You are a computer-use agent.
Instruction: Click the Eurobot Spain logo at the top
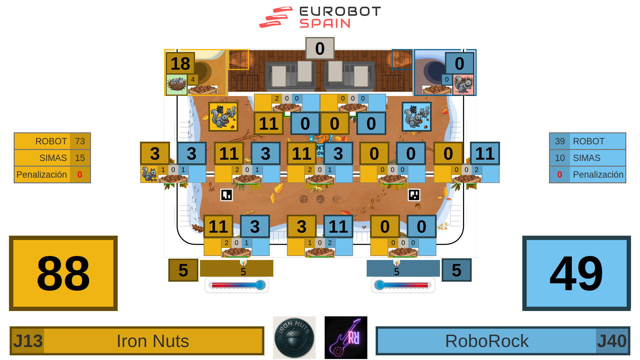pyautogui.click(x=320, y=17)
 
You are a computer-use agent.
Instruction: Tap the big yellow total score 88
pyautogui.click(x=63, y=273)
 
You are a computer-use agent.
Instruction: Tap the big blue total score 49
pyautogui.click(x=576, y=273)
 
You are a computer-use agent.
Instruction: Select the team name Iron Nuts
pyautogui.click(x=153, y=341)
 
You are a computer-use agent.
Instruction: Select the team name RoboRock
pyautogui.click(x=487, y=341)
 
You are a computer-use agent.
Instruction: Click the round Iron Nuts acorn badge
pyautogui.click(x=294, y=337)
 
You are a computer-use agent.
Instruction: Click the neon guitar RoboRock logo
pyautogui.click(x=346, y=337)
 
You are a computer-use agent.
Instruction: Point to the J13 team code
pyautogui.click(x=28, y=341)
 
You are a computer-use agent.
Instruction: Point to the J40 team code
pyautogui.click(x=611, y=341)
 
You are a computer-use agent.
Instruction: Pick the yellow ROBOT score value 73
pyautogui.click(x=80, y=141)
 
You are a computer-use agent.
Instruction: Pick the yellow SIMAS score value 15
pyautogui.click(x=80, y=158)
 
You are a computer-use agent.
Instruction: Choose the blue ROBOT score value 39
pyautogui.click(x=560, y=141)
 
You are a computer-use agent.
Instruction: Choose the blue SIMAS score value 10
pyautogui.click(x=560, y=158)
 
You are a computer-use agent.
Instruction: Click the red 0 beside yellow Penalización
pyautogui.click(x=80, y=175)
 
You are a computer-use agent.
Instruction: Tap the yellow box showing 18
pyautogui.click(x=180, y=63)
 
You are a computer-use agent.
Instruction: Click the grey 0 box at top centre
pyautogui.click(x=320, y=48)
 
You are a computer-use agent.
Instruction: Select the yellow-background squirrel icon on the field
pyautogui.click(x=223, y=117)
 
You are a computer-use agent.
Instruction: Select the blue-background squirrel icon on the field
pyautogui.click(x=416, y=117)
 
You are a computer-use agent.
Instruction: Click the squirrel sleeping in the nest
pyautogui.click(x=177, y=84)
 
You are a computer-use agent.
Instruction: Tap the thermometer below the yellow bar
pyautogui.click(x=237, y=285)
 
